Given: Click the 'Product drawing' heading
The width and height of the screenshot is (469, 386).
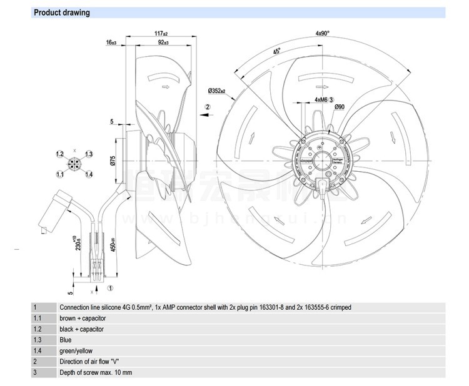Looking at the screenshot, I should pos(61,12).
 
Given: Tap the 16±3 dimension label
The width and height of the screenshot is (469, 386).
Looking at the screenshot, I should pos(111,43).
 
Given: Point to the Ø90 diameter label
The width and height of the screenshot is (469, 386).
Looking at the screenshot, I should pos(340,107).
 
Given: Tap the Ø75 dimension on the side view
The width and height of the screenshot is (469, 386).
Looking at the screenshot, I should pos(113,162).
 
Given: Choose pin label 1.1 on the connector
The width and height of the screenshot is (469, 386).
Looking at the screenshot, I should pos(60,174).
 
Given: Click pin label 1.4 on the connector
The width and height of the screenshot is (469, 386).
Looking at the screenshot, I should pos(89,174).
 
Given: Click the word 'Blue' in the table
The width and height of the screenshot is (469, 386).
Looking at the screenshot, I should pos(66,340).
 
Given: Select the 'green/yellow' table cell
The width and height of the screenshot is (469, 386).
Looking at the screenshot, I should pos(76,351).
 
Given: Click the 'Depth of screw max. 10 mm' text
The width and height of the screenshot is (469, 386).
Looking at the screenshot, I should pos(96,372).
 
